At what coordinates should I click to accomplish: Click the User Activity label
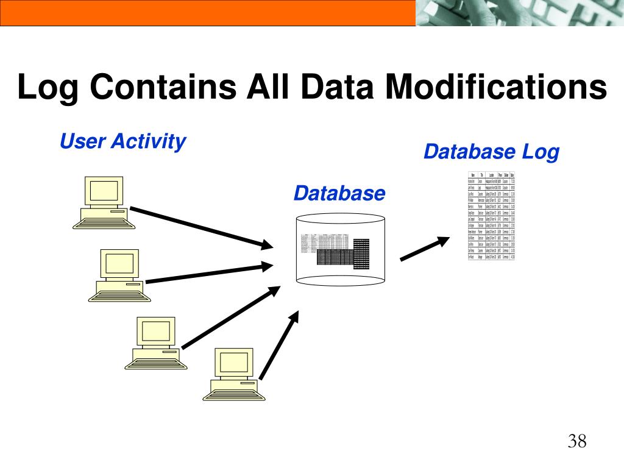(x=122, y=142)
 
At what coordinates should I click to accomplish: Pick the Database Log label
(x=491, y=152)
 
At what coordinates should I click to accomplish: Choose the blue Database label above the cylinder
(x=339, y=194)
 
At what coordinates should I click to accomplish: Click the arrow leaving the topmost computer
(x=201, y=227)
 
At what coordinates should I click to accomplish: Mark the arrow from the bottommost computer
(x=279, y=344)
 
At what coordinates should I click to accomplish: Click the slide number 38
(x=577, y=441)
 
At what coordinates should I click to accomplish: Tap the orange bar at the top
(x=207, y=12)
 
